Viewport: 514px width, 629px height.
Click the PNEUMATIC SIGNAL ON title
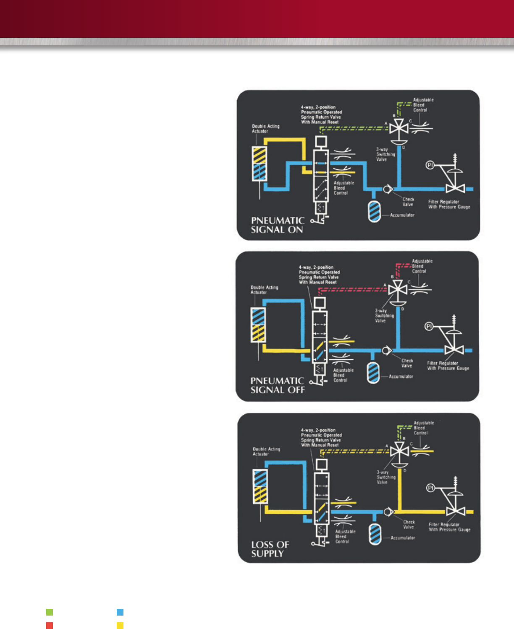(278, 225)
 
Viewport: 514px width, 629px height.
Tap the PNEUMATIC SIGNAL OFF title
(277, 385)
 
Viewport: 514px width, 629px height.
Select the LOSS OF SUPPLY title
(270, 548)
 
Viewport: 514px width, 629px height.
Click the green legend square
(50, 612)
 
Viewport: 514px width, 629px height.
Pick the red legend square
(50, 626)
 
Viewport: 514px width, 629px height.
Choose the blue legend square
(120, 612)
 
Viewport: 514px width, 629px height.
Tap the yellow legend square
(120, 626)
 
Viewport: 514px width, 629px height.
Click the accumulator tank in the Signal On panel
(374, 211)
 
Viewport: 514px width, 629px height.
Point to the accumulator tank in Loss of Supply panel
(375, 534)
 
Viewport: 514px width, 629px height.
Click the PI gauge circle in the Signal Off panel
(429, 326)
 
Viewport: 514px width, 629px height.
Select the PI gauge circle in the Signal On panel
(430, 165)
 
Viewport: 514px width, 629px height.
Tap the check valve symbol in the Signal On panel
(387, 189)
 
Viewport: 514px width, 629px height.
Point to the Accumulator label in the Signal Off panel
(401, 377)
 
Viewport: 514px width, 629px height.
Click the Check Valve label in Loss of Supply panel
(409, 525)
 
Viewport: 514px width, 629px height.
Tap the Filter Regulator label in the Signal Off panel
(448, 366)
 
